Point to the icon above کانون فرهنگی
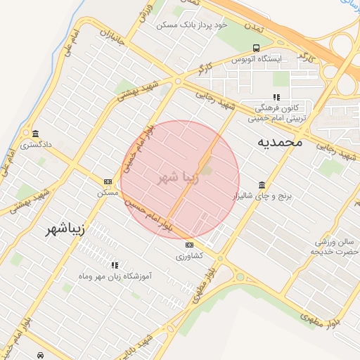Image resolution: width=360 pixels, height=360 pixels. pyautogui.click(x=276, y=98)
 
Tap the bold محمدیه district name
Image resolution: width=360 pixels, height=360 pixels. pyautogui.click(x=279, y=142)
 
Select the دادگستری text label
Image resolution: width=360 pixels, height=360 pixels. pyautogui.click(x=35, y=146)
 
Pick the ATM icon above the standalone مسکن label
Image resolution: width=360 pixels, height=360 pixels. pyautogui.click(x=108, y=181)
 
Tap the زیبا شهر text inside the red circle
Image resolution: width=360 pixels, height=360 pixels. pyautogui.click(x=180, y=177)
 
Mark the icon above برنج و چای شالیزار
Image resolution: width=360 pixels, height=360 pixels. pyautogui.click(x=262, y=185)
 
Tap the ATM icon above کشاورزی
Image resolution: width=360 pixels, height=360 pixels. pyautogui.click(x=189, y=245)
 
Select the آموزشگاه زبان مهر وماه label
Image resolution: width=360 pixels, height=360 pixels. pyautogui.click(x=115, y=277)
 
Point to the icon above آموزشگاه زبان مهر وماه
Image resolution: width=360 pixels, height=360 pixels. pyautogui.click(x=115, y=265)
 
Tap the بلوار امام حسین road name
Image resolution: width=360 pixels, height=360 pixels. pyautogui.click(x=148, y=214)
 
